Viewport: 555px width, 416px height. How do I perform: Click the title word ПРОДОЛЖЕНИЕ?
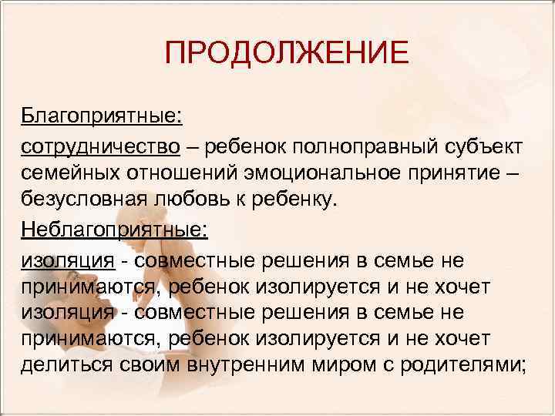tap(286, 53)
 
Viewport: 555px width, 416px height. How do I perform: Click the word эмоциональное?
tap(333, 174)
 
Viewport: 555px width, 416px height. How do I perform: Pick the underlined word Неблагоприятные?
tap(113, 230)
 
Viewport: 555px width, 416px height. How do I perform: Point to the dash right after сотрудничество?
tap(199, 146)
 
